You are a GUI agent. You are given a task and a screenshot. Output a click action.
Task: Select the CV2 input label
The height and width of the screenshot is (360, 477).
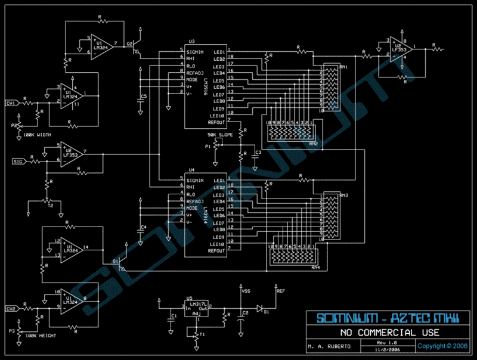tap(11, 309)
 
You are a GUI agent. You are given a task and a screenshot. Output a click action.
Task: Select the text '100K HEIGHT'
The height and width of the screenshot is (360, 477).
tap(38, 335)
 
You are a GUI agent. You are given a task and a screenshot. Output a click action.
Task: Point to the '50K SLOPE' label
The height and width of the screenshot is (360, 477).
tap(221, 135)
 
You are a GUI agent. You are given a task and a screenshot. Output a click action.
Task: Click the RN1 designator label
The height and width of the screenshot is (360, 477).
tap(344, 67)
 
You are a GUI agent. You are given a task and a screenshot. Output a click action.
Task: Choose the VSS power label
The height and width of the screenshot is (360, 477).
tap(246, 291)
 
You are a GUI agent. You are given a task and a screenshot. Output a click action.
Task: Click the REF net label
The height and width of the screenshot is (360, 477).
tap(281, 291)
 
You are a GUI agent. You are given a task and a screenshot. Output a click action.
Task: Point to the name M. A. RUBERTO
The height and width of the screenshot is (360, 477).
tap(330, 346)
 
